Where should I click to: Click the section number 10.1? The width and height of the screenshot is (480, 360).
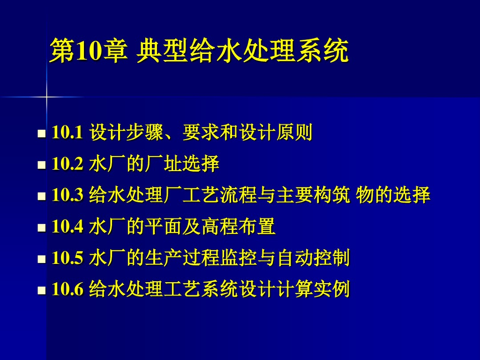[x=67, y=134]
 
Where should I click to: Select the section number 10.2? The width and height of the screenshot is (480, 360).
[x=67, y=165]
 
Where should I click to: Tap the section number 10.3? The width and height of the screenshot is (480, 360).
[x=67, y=195]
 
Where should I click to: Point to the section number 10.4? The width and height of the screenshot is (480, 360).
[x=67, y=227]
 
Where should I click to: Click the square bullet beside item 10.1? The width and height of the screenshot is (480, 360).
[x=41, y=134]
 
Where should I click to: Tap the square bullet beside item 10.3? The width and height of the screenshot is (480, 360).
[x=41, y=196]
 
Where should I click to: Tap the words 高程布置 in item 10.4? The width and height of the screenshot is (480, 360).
[x=238, y=227]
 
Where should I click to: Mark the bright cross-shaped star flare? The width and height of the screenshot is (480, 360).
[x=46, y=97]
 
